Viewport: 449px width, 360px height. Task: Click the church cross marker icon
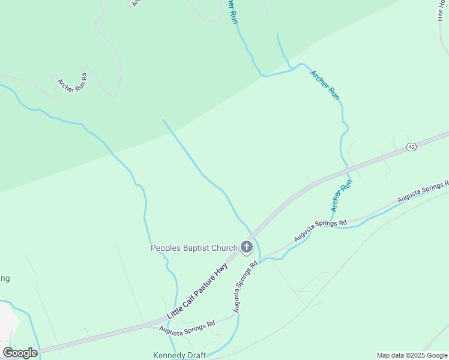(x=247, y=247)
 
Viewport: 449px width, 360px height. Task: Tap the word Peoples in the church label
(x=164, y=248)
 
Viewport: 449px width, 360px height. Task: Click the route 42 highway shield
(x=411, y=147)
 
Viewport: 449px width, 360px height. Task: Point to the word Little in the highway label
(x=175, y=310)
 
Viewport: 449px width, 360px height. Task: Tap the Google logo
(x=20, y=353)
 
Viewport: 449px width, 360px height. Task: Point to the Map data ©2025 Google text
(x=412, y=355)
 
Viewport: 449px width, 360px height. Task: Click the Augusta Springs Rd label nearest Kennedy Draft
(x=187, y=327)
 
